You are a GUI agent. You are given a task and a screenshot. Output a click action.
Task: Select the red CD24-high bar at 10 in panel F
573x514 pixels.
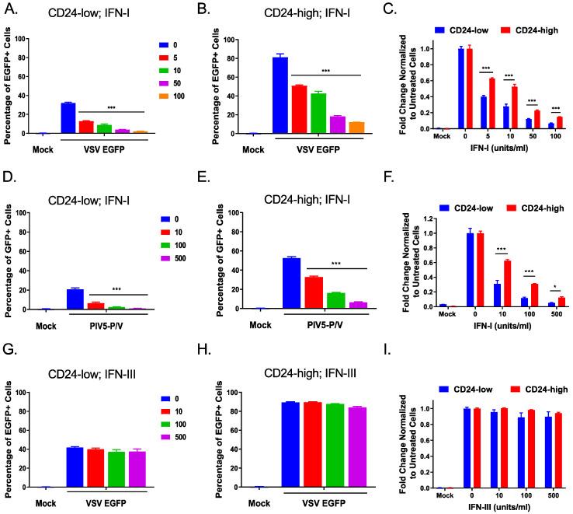[x=486, y=284]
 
